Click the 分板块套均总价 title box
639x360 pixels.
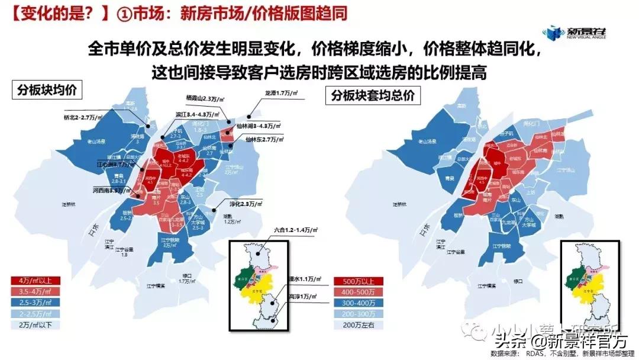(x=373, y=95)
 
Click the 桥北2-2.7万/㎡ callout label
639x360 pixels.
(x=83, y=118)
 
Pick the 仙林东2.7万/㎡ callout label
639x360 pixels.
(x=265, y=139)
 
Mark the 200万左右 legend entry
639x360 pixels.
(x=359, y=325)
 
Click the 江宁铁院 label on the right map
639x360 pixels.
(x=501, y=246)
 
